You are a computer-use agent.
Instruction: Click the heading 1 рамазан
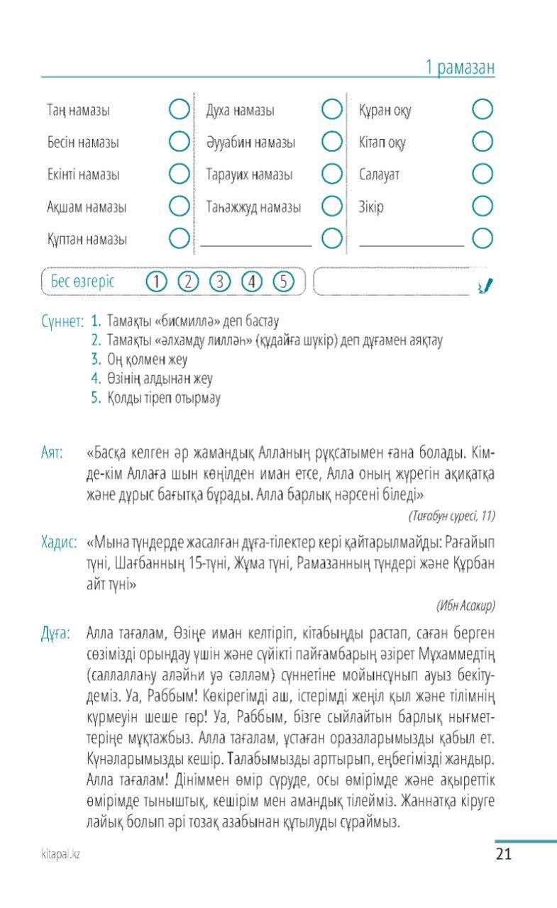[x=459, y=68]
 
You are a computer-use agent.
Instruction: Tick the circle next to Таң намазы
[x=180, y=110]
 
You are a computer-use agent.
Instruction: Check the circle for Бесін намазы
[x=180, y=142]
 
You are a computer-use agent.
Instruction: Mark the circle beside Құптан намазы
[x=180, y=238]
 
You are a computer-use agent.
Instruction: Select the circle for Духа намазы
[x=332, y=110]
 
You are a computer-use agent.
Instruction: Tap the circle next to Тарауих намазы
[x=332, y=174]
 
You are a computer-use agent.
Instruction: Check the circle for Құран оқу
[x=482, y=110]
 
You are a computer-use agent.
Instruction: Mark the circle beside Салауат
[x=482, y=174]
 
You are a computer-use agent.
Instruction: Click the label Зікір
[x=371, y=207]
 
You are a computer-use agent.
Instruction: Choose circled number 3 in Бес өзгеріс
[x=220, y=282]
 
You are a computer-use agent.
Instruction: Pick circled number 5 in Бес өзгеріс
[x=283, y=282]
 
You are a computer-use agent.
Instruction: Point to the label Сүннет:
[x=63, y=322]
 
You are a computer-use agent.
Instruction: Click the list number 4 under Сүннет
[x=96, y=379]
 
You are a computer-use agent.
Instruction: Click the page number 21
[x=503, y=854]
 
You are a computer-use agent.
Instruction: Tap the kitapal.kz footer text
[x=60, y=855]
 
